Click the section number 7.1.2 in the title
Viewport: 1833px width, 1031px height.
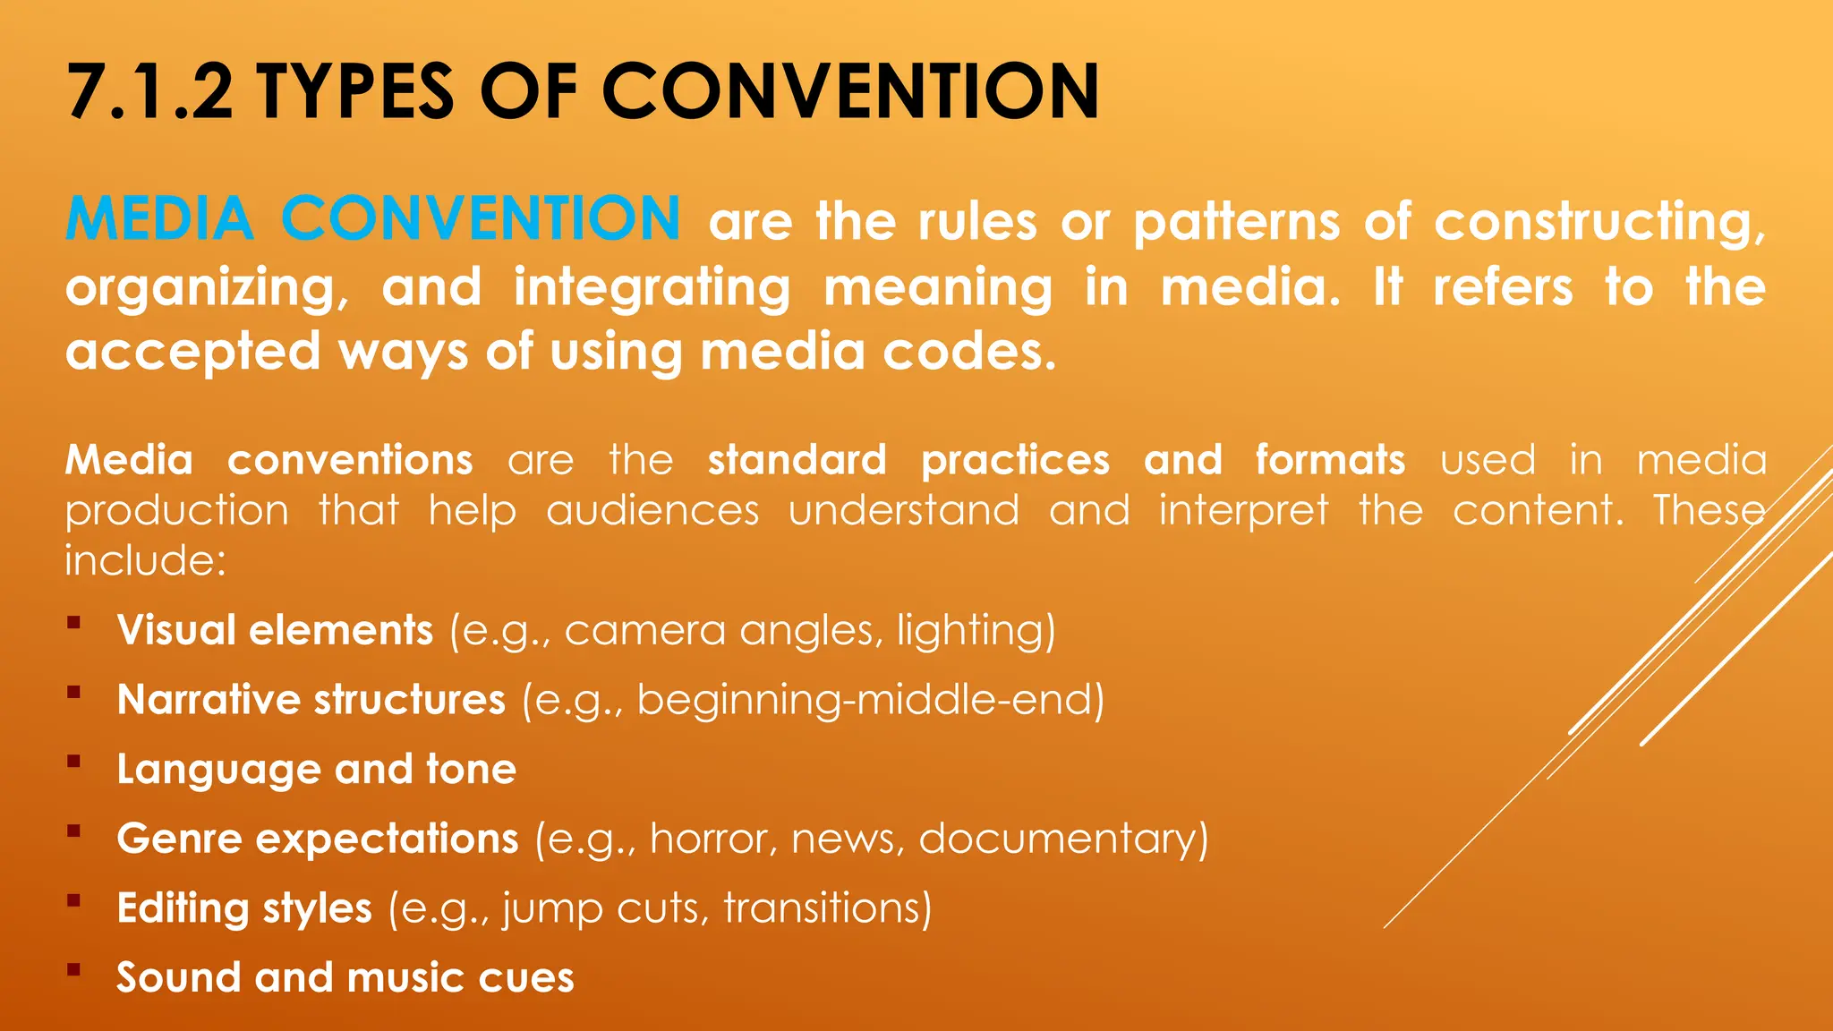click(x=149, y=92)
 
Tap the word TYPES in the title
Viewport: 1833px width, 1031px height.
click(x=355, y=92)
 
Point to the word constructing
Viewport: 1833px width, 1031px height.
click(x=1599, y=222)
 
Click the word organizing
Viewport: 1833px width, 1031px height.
click(x=207, y=288)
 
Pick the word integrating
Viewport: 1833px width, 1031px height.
click(x=652, y=288)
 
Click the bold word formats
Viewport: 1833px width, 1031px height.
click(x=1329, y=460)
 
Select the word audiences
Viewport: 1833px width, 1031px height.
click(x=652, y=511)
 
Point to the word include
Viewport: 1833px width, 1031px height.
click(x=145, y=561)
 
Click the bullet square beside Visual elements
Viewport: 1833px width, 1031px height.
click(x=73, y=622)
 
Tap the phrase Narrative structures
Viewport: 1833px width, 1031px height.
click(x=311, y=700)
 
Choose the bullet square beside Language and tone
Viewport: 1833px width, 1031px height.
click(x=73, y=762)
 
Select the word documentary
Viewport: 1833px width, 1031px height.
click(x=1063, y=839)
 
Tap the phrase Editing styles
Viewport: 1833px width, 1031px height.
click(x=243, y=908)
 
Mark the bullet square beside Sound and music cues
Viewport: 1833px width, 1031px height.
click(x=73, y=969)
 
